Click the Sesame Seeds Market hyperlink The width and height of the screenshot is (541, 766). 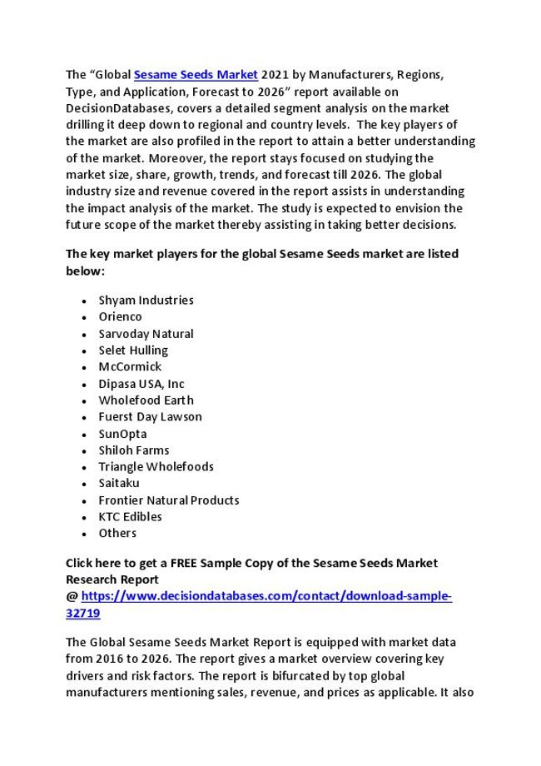point(196,75)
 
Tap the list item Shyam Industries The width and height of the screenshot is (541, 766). point(146,300)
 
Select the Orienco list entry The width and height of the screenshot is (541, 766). point(120,316)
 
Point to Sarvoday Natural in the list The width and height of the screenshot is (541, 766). point(146,333)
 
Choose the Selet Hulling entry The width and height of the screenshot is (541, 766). point(133,350)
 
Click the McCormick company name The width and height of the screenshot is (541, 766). point(130,366)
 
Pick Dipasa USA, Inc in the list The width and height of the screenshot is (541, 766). point(141,384)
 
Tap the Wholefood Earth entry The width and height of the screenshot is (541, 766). point(146,400)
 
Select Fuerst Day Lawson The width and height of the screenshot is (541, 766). point(150,416)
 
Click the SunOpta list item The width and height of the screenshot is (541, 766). point(122,434)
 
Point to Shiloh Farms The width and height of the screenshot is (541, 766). point(133,450)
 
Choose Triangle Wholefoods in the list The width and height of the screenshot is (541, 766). point(156,466)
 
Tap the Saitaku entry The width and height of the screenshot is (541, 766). point(119,483)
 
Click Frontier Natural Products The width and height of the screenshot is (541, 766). point(168,500)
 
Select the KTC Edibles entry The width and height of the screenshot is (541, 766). point(130,516)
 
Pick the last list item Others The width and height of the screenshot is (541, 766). point(117,533)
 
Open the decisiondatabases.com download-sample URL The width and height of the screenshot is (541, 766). point(266,596)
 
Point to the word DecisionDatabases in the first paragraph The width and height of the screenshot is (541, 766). point(114,108)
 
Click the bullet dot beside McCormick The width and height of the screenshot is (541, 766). point(85,367)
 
